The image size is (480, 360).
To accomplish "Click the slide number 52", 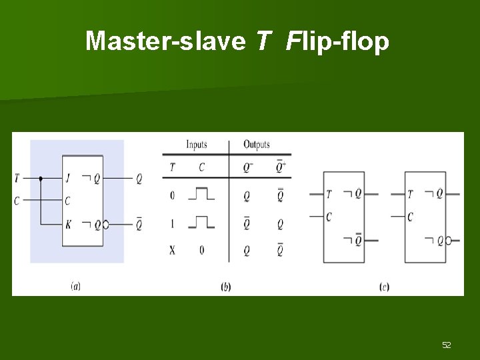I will coord(446,345).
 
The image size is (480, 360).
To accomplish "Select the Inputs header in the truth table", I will coord(196,144).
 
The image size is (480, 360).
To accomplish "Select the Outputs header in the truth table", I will coord(257,144).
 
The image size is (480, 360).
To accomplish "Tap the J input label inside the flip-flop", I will coord(69,178).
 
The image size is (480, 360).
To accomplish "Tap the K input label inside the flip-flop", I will coord(69,225).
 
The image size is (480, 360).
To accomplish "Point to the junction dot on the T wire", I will coord(41,178).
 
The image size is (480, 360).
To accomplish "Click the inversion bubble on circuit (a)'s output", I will coord(105,225).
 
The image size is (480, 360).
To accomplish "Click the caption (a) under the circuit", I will coord(76,287).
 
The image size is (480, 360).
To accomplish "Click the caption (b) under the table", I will coord(226,287).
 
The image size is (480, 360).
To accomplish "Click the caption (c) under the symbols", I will coord(384,287).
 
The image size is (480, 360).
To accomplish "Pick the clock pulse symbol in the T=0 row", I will coord(201,194).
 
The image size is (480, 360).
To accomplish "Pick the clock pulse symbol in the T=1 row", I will coord(201,223).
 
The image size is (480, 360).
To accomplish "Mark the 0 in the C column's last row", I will coord(201,251).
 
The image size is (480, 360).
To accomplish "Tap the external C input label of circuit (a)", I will coord(17,201).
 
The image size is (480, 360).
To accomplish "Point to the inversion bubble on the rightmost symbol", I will coord(448,240).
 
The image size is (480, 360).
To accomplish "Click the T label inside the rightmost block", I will coord(410,194).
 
